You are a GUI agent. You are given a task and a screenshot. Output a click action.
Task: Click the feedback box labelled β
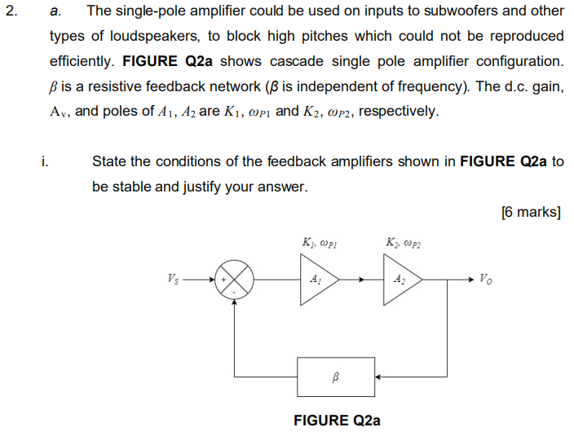(x=336, y=377)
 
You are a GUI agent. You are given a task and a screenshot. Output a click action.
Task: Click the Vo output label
(x=486, y=279)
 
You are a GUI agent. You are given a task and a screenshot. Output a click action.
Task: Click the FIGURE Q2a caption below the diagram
(x=336, y=421)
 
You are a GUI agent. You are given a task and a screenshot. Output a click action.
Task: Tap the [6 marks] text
(x=531, y=212)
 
